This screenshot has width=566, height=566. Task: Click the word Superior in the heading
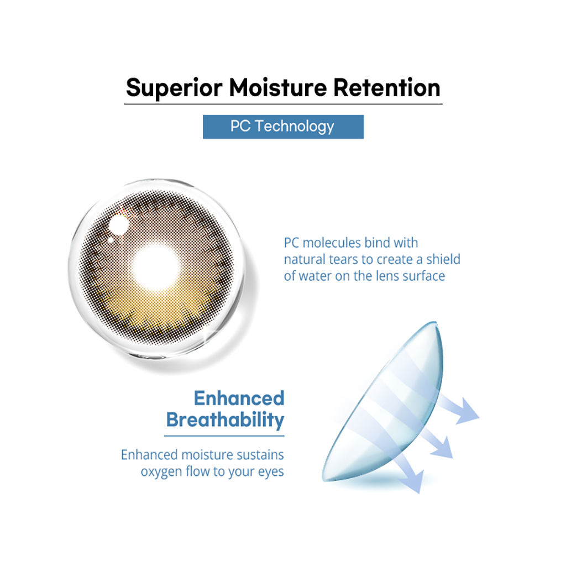point(174,88)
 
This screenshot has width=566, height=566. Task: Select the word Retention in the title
point(386,88)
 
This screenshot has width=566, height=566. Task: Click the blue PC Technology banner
point(283,127)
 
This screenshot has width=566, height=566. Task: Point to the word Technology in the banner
point(295,127)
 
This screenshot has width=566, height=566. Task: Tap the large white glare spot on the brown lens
point(119,224)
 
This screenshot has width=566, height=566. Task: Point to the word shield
point(443,259)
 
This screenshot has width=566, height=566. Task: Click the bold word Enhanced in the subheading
point(239,399)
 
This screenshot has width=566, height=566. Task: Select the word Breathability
point(226,420)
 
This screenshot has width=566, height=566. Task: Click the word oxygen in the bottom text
point(161,472)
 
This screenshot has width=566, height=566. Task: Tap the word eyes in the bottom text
point(271,472)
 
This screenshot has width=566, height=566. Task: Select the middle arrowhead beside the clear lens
point(443,448)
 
